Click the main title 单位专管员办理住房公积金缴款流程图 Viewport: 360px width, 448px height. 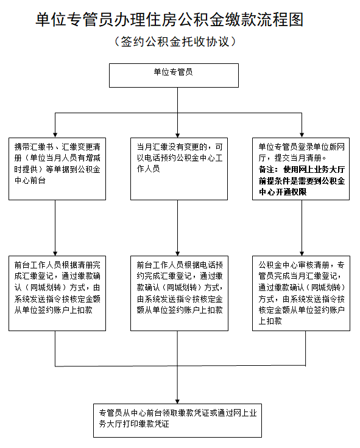(169, 21)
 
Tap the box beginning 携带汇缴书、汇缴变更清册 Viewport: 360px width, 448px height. (55, 168)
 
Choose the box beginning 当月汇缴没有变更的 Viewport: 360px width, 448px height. (178, 168)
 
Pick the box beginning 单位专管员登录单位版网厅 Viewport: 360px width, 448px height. (301, 168)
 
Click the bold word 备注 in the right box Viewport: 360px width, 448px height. (266, 170)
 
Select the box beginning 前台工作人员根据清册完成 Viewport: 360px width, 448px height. (55, 294)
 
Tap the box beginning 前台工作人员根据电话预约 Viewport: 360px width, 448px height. (178, 294)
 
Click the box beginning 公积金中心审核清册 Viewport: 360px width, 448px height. (301, 294)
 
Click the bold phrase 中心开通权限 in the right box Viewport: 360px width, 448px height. (283, 191)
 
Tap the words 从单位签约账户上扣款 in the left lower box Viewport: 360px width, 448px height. (54, 309)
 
